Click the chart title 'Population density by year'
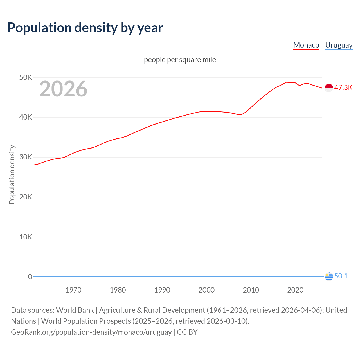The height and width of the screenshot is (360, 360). pyautogui.click(x=85, y=28)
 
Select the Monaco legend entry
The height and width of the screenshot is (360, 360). pyautogui.click(x=306, y=45)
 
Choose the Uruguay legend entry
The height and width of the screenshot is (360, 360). pyautogui.click(x=339, y=45)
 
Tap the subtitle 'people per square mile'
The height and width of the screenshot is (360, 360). pyautogui.click(x=180, y=60)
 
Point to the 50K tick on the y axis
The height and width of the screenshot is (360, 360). pyautogui.click(x=26, y=77)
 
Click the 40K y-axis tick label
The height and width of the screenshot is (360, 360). pyautogui.click(x=26, y=117)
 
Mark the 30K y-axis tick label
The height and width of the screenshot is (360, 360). pyautogui.click(x=26, y=157)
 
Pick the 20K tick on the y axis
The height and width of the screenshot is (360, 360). pyautogui.click(x=26, y=197)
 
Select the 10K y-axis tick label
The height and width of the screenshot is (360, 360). pyautogui.click(x=26, y=237)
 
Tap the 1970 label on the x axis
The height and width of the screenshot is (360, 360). pyautogui.click(x=73, y=290)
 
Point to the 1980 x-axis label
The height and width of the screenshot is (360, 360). pyautogui.click(x=118, y=290)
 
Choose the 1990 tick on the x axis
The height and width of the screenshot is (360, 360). pyautogui.click(x=162, y=290)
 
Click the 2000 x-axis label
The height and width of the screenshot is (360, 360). pyautogui.click(x=206, y=290)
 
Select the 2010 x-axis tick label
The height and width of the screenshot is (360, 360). pyautogui.click(x=251, y=290)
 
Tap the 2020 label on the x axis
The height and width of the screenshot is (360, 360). pyautogui.click(x=295, y=290)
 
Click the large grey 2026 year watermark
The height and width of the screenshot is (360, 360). pyautogui.click(x=63, y=89)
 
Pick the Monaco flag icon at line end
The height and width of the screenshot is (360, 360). pyautogui.click(x=329, y=88)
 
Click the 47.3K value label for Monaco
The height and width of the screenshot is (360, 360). pyautogui.click(x=343, y=87)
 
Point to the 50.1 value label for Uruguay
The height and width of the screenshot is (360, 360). pyautogui.click(x=341, y=276)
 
